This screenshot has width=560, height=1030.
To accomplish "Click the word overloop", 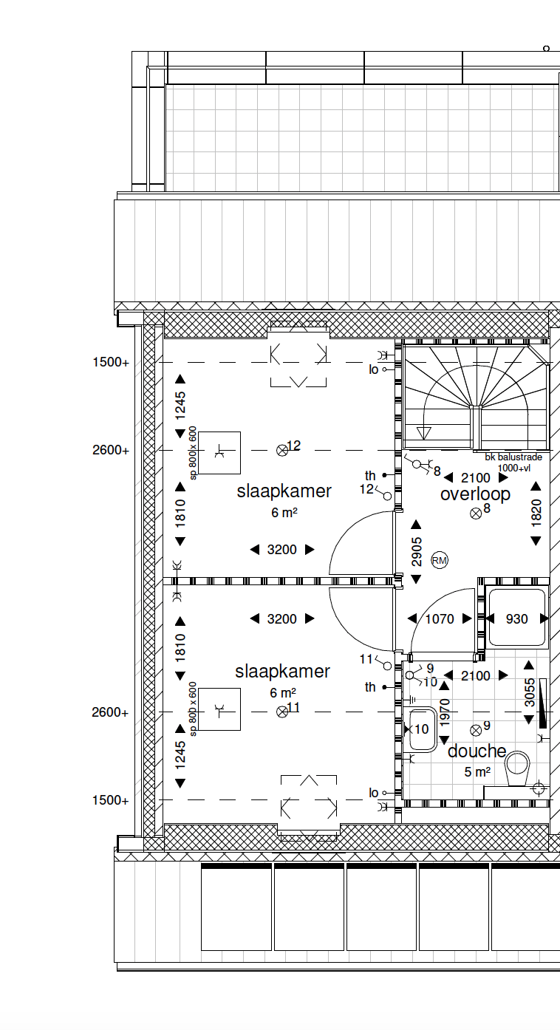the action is pos(475,495).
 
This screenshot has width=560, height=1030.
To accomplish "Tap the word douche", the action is pos(477,751).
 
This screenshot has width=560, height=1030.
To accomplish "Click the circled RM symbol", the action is pos(440,561).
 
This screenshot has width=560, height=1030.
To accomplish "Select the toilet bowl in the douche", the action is pos(517,768).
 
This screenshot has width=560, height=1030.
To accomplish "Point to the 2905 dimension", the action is pos(417,552).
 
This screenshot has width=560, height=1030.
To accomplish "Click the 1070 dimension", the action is pos(440,619).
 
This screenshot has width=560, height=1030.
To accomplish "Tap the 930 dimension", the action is pos(517,619).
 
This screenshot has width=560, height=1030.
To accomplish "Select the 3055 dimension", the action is pos(530,692).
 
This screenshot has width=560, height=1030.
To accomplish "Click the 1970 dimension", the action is pos(445,713).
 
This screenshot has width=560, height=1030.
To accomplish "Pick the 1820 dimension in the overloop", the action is pos(536,513).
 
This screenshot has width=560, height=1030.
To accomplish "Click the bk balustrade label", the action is pos(513,457).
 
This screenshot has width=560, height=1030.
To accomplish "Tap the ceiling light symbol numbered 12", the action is pos(282,451).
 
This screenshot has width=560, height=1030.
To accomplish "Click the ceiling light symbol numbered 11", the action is pos(282,712).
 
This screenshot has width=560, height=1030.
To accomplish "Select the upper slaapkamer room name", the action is pos(284,491).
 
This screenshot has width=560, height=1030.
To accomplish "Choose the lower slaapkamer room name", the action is pos(282,672).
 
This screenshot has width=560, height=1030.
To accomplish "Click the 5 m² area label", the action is pos(477,772).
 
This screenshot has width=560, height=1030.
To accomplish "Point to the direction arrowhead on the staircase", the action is pos(423,433).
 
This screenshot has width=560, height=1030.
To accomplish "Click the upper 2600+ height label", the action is pos(111,450).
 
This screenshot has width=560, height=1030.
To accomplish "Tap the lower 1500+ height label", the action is pos(110,800).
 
